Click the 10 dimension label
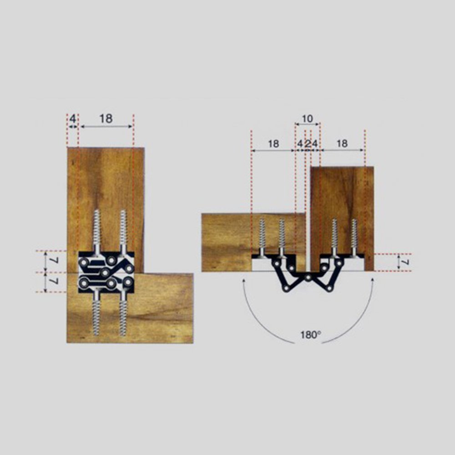coord(307,119)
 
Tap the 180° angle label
coord(310,335)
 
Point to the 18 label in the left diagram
coord(106,119)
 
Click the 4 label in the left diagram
coord(73,119)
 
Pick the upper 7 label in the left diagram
coord(56,261)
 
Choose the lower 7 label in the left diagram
coord(56,281)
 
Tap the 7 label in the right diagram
coord(406,263)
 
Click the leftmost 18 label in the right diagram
coord(273,144)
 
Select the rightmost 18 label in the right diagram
coord(343,144)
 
